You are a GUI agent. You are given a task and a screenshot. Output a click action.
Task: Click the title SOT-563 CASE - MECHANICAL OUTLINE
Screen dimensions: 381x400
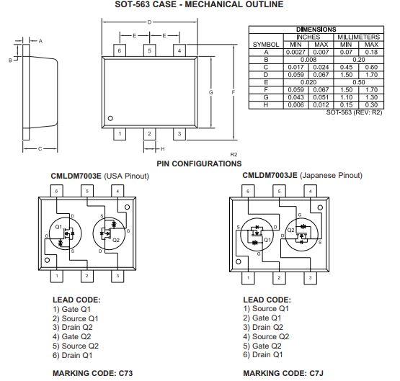(200, 5)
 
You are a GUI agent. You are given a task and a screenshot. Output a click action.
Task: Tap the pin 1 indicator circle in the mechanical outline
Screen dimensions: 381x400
(110, 118)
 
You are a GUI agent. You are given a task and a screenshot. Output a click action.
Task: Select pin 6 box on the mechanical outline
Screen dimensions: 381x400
(120, 51)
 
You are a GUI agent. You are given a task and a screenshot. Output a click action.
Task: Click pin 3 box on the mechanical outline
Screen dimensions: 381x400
(179, 133)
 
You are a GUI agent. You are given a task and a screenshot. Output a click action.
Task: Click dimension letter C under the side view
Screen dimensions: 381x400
(39, 148)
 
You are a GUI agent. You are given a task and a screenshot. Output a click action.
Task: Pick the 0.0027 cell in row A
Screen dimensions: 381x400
(283, 52)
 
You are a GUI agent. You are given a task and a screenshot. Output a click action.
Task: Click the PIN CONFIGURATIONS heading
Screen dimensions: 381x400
(199, 164)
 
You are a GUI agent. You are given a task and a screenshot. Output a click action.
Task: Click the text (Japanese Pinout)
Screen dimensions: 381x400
(334, 176)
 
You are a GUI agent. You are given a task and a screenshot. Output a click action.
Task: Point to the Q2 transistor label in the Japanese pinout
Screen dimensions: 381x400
(290, 230)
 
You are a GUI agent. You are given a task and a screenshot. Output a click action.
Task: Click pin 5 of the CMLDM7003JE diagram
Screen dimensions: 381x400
(278, 192)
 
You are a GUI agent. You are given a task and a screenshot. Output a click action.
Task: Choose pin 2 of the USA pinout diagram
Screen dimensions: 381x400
(86, 276)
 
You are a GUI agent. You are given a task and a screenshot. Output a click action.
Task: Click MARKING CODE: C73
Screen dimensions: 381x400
(92, 373)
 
